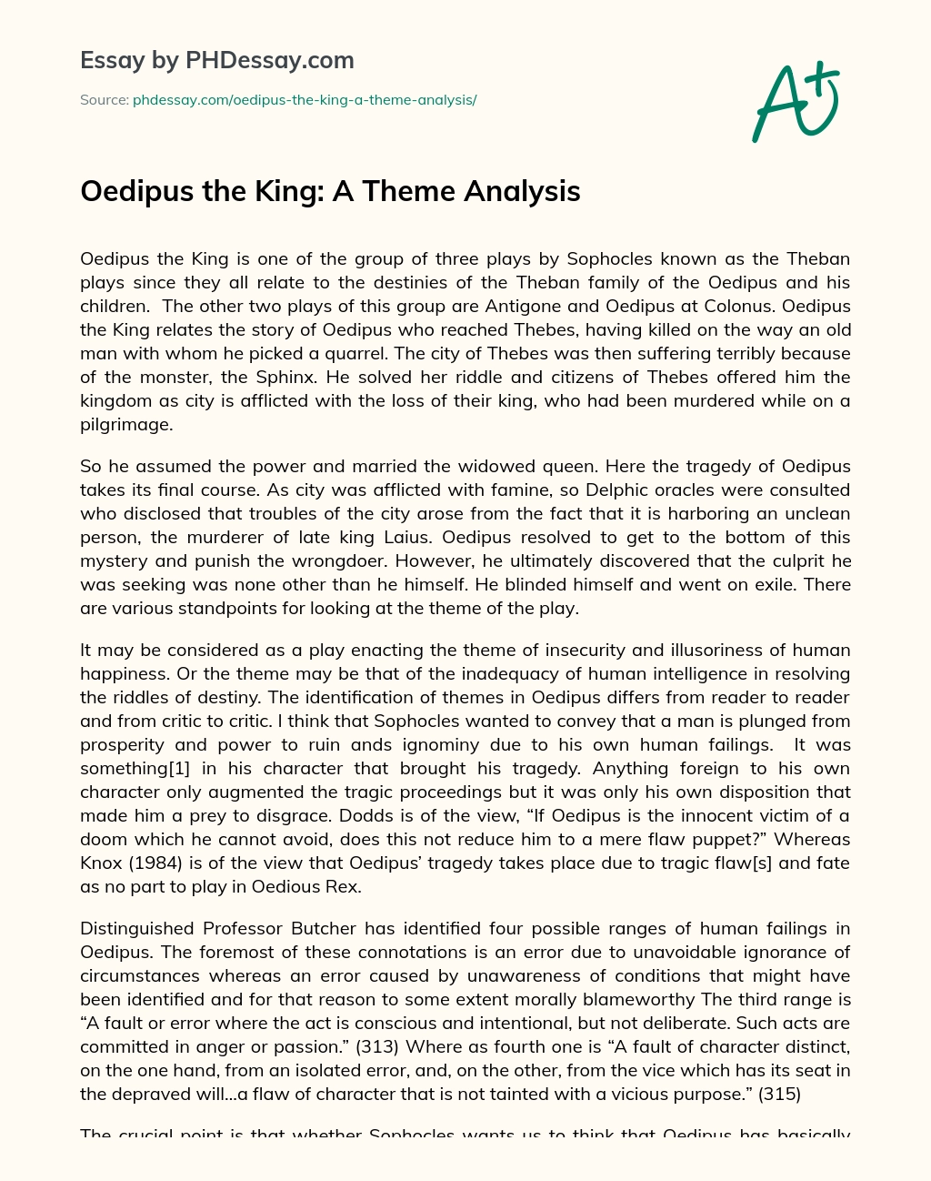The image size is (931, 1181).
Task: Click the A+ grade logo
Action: pyautogui.click(x=796, y=101)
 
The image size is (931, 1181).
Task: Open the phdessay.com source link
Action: pyautogui.click(x=305, y=100)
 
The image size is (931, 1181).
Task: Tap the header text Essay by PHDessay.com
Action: pyautogui.click(x=217, y=61)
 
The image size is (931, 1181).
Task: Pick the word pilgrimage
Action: pyautogui.click(x=125, y=424)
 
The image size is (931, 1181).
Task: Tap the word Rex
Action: pyautogui.click(x=344, y=886)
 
